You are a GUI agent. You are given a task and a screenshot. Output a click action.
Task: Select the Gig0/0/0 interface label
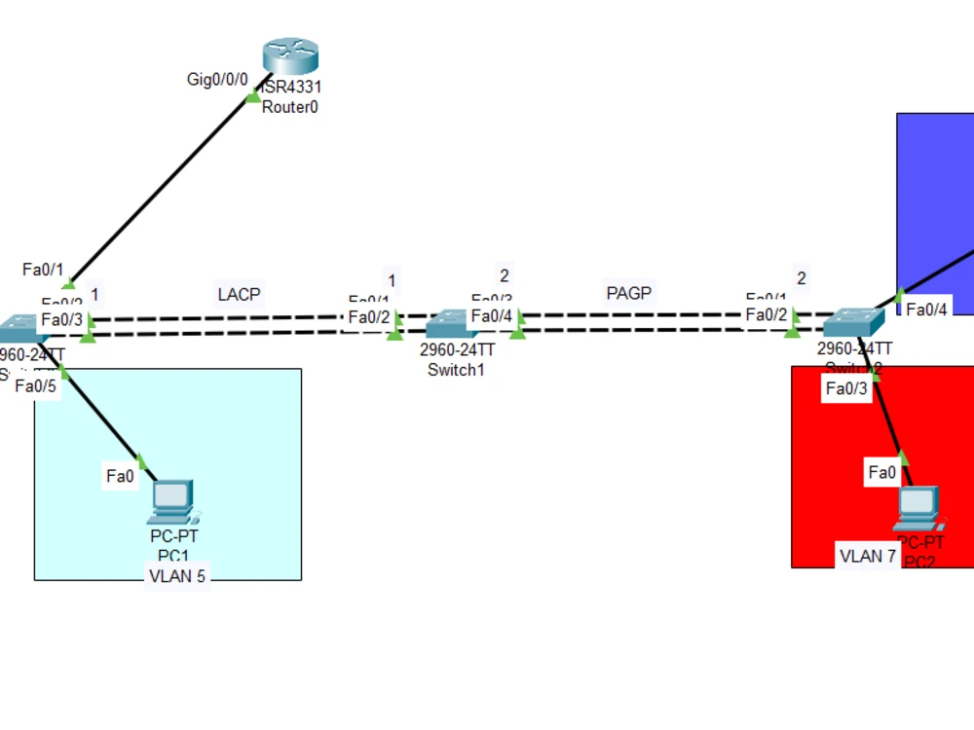217,79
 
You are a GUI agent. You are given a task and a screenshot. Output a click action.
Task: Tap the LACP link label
239,294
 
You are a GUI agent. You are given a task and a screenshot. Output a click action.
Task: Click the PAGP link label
628,292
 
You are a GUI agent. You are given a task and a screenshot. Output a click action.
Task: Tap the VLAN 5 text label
176,575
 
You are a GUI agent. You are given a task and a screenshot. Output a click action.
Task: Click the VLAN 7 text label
868,557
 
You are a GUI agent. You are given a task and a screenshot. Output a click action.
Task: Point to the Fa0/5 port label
36,385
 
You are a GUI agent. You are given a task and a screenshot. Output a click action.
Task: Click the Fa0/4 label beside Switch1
491,316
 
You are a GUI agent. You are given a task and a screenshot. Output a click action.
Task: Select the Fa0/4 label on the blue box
926,310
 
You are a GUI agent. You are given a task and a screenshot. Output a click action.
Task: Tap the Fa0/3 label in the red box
846,389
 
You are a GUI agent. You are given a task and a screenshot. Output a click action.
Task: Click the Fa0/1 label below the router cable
43,269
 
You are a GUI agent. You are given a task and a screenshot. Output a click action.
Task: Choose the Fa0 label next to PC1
120,476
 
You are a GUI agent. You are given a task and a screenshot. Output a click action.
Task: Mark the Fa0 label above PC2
881,473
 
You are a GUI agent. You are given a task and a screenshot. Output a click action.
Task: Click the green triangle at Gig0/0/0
253,94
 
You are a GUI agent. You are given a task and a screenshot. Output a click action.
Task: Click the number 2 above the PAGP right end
801,278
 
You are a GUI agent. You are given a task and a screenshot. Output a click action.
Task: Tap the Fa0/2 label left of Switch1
369,317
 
